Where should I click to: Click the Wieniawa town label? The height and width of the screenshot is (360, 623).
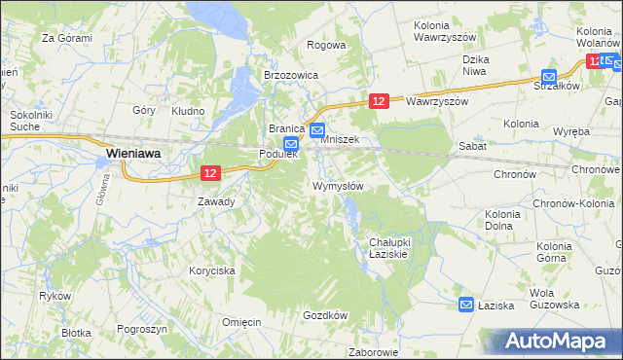(133, 153)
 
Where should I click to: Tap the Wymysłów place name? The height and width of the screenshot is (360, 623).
(338, 186)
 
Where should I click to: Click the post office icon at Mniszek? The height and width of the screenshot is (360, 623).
(317, 129)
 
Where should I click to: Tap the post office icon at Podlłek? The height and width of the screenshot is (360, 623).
(277, 143)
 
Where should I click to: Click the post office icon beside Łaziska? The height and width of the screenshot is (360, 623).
(466, 305)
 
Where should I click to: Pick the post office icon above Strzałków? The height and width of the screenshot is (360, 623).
(549, 76)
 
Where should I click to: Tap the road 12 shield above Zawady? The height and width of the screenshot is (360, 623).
(211, 172)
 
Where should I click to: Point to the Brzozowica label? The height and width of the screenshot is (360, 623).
(291, 74)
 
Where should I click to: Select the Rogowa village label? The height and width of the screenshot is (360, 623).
(326, 45)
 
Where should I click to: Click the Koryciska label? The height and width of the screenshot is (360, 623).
(212, 271)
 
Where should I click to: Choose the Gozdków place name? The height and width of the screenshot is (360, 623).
(325, 315)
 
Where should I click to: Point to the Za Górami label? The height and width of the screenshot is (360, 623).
(66, 39)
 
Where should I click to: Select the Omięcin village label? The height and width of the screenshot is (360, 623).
(240, 322)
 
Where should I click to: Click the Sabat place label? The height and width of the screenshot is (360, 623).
(472, 145)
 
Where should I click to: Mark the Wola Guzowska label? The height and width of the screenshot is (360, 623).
(554, 299)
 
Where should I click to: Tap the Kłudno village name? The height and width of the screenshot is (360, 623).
(188, 111)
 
